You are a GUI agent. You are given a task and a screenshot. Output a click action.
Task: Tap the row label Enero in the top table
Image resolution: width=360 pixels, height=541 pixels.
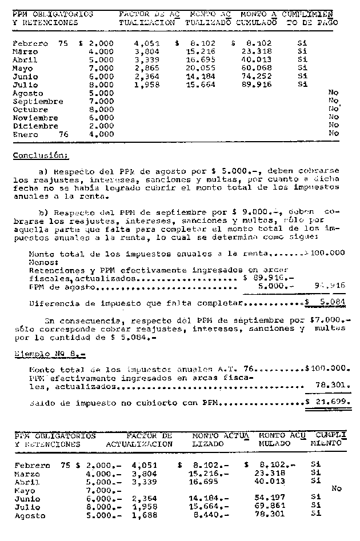tap(26, 134)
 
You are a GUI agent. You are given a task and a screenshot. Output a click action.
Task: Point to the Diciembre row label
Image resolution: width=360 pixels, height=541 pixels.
tap(35, 126)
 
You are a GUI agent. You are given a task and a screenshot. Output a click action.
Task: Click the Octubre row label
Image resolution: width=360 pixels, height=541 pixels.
tap(31, 109)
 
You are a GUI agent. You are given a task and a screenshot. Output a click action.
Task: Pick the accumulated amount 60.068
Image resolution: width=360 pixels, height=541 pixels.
tap(259, 68)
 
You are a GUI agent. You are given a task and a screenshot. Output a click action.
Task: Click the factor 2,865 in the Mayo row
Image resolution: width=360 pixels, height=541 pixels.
tap(147, 68)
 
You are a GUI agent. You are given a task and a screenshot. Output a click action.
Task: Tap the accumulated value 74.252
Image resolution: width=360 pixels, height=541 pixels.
tap(259, 77)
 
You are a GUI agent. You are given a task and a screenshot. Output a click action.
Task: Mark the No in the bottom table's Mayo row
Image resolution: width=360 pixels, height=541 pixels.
tap(336, 488)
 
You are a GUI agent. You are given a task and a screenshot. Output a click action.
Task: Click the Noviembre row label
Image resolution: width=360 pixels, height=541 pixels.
tap(35, 118)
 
